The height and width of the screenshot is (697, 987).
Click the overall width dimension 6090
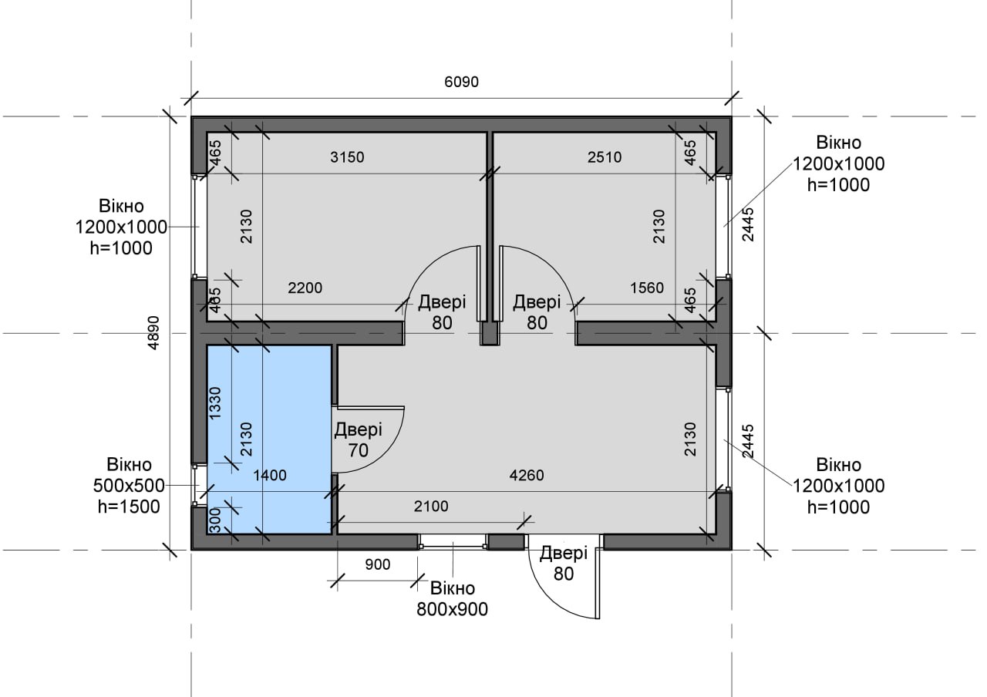coord(461,82)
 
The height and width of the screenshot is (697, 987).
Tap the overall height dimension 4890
coord(153,332)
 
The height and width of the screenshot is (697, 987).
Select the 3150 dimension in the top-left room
coord(347,157)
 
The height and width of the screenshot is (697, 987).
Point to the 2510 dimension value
coord(605,157)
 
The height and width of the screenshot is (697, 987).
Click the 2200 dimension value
coord(305,288)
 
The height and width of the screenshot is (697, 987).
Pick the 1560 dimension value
coord(647,288)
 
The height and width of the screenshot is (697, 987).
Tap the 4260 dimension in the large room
coord(527,476)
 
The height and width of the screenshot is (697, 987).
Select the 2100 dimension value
coord(431,507)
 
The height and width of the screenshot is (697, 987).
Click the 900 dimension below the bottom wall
coord(378,564)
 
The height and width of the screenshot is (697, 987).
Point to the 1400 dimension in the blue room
coord(270,476)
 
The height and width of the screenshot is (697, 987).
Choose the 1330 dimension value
coord(215,403)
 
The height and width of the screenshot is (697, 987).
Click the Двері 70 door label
coord(359,439)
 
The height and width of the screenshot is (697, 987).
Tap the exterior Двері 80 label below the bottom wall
coord(564,563)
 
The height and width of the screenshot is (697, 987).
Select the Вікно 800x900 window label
coord(452,599)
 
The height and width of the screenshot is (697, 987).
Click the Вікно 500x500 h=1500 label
coord(129,486)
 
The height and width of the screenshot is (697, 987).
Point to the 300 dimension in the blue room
coord(215,520)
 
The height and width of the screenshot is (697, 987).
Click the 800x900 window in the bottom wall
coord(453,542)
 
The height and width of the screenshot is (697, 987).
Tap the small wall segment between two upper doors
coord(489,333)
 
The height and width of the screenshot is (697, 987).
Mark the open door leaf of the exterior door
coord(598,584)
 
